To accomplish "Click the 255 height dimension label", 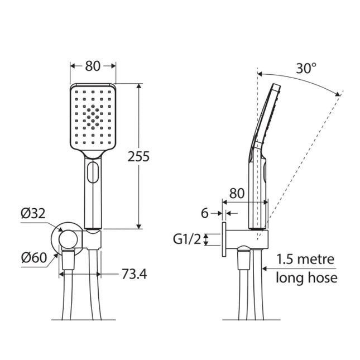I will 138,156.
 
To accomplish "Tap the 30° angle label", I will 306,69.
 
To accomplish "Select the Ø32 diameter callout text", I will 33,214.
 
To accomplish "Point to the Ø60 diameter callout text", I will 33,257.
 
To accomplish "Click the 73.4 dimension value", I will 134,275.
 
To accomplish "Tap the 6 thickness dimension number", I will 204,213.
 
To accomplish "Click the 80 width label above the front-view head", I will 93,65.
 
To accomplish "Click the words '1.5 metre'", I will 305,260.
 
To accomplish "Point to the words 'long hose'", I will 306,277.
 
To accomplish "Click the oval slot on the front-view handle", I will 93,171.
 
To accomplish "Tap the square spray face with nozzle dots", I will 93,116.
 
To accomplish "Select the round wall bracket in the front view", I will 68,239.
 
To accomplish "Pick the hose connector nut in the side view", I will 243,260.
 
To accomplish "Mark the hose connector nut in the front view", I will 68,260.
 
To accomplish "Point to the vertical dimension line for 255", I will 138,190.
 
